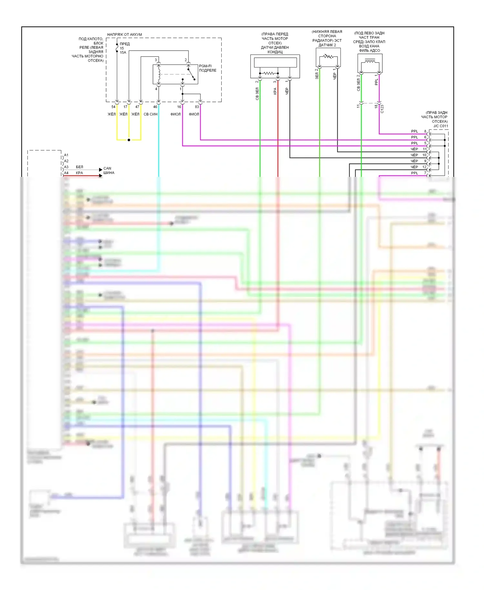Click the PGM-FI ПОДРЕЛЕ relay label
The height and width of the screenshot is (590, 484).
tap(207, 68)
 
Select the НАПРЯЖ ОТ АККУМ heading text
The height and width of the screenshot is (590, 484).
tap(124, 35)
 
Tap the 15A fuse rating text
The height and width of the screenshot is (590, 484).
tap(123, 53)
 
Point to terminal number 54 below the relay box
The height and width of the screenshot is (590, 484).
tap(113, 107)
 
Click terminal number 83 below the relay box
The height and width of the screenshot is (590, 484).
tap(197, 107)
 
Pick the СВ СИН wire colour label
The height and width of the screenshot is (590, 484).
tap(150, 114)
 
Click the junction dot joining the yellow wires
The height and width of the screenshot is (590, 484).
tap(129, 140)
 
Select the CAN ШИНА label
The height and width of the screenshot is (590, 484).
tap(109, 171)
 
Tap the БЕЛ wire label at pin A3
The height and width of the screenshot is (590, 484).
tap(79, 167)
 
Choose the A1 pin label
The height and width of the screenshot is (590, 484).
tap(66, 155)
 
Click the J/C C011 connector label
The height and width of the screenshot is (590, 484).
tap(440, 126)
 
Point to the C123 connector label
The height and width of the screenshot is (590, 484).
tap(382, 109)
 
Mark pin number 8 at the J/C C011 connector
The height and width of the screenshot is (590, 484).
tap(425, 131)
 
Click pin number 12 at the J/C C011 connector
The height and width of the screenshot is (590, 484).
tap(424, 167)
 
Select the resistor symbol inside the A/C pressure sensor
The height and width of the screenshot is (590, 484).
tap(268, 74)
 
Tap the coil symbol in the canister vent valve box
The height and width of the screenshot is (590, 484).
tap(370, 61)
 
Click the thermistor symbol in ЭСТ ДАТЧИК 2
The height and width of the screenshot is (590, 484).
tap(328, 57)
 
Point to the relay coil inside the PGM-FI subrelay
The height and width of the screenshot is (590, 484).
tap(159, 75)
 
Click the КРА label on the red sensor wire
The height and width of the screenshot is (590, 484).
tap(275, 91)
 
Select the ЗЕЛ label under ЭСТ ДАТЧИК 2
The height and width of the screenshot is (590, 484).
tap(317, 76)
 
